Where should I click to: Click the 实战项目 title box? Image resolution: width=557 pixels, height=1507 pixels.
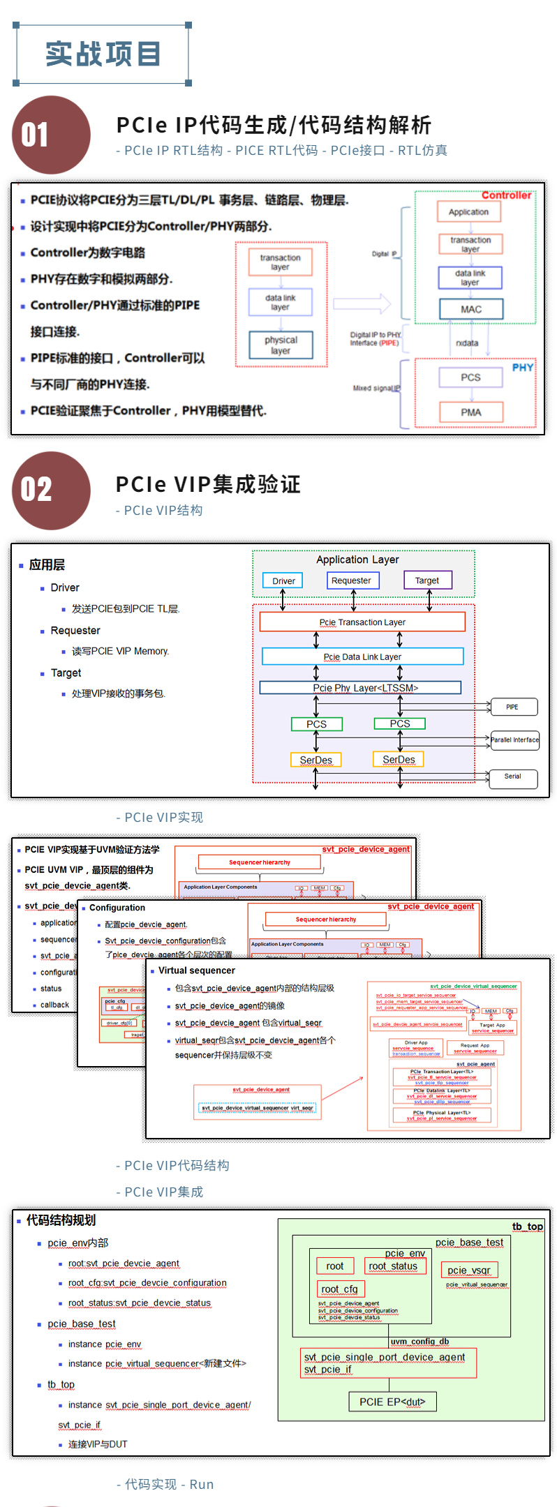pyautogui.click(x=103, y=54)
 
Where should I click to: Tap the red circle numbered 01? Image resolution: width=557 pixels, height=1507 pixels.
pyautogui.click(x=51, y=135)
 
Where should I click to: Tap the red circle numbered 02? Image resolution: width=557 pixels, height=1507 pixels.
pyautogui.click(x=51, y=490)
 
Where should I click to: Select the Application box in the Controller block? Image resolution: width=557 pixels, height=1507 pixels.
pyautogui.click(x=469, y=212)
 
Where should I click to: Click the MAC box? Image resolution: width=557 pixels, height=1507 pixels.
pyautogui.click(x=471, y=309)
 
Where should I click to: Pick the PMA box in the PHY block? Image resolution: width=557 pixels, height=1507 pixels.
pyautogui.click(x=471, y=412)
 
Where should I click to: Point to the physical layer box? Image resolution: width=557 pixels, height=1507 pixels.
pyautogui.click(x=281, y=345)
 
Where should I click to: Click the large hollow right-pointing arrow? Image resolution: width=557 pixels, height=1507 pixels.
pyautogui.click(x=362, y=303)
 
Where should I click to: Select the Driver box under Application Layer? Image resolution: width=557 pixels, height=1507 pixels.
pyautogui.click(x=283, y=580)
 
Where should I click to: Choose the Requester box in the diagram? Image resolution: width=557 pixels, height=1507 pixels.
pyautogui.click(x=352, y=580)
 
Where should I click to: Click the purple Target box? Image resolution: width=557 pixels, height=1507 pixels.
pyautogui.click(x=427, y=580)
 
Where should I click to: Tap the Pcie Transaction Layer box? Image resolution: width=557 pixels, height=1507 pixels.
pyautogui.click(x=362, y=622)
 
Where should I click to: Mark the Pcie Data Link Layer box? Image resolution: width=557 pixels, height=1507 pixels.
pyautogui.click(x=362, y=657)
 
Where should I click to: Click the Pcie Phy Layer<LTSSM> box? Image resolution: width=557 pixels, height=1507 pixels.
pyautogui.click(x=360, y=688)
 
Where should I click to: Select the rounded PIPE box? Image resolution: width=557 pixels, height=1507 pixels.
pyautogui.click(x=513, y=707)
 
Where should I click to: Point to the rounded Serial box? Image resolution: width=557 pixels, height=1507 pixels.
pyautogui.click(x=513, y=777)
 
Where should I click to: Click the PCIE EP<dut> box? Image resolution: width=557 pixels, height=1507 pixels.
pyautogui.click(x=392, y=1402)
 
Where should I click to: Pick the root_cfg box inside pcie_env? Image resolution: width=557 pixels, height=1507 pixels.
pyautogui.click(x=339, y=1289)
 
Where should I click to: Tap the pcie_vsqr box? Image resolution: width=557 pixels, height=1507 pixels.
pyautogui.click(x=468, y=1270)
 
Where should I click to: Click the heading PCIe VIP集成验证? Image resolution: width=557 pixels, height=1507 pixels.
pyautogui.click(x=208, y=484)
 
